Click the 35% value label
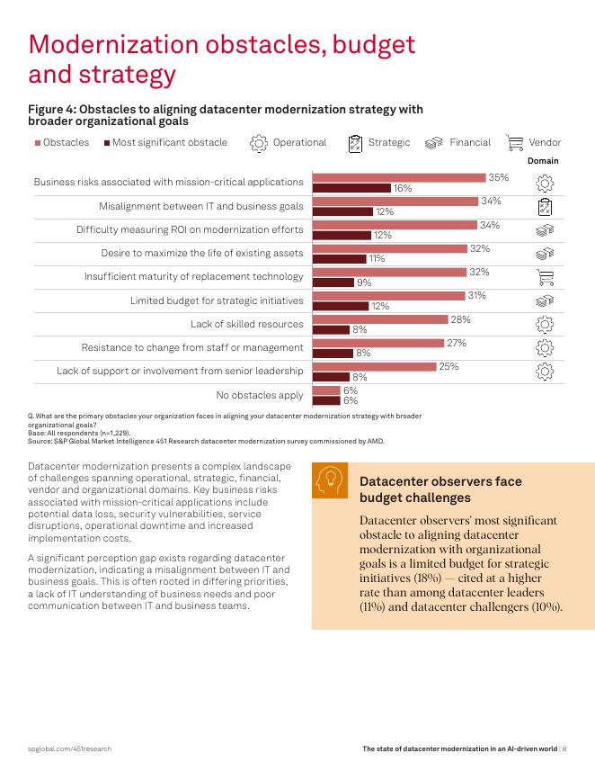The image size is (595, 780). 498,177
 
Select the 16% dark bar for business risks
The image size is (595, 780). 351,188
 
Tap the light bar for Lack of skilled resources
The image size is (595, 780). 379,319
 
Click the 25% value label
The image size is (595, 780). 448,366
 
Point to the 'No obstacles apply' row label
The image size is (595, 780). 260,395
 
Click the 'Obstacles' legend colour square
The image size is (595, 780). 38,143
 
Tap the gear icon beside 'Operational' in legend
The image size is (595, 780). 258,142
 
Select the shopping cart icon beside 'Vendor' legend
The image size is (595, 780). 515,142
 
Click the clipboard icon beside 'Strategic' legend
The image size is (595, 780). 356,142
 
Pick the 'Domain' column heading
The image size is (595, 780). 543,161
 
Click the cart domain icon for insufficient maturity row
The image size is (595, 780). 544,276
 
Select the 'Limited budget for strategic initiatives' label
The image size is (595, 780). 217,300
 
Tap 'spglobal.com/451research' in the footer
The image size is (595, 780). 70,749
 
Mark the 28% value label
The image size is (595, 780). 460,319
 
